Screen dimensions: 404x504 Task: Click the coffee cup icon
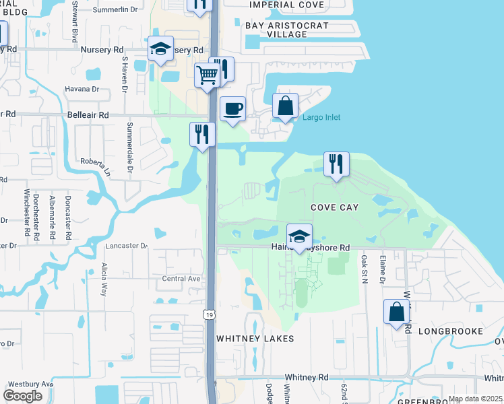pyautogui.click(x=232, y=108)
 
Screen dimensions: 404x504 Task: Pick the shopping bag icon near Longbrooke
pyautogui.click(x=396, y=312)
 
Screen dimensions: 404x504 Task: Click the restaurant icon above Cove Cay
pyautogui.click(x=336, y=164)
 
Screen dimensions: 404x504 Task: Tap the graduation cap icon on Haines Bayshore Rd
pyautogui.click(x=300, y=236)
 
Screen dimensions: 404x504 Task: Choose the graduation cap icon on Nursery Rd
pyautogui.click(x=161, y=48)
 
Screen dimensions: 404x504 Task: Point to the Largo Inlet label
pyautogui.click(x=321, y=118)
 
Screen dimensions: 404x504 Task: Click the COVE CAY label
pyautogui.click(x=334, y=207)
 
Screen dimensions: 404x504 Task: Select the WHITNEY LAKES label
pyautogui.click(x=255, y=338)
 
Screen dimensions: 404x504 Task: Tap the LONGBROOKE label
pyautogui.click(x=451, y=331)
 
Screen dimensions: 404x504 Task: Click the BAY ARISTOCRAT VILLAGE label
pyautogui.click(x=287, y=30)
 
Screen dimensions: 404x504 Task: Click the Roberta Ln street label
pyautogui.click(x=96, y=162)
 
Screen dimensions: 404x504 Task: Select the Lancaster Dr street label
pyautogui.click(x=126, y=246)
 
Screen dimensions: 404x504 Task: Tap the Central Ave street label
pyautogui.click(x=181, y=279)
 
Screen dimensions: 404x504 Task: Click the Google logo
pyautogui.click(x=23, y=396)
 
